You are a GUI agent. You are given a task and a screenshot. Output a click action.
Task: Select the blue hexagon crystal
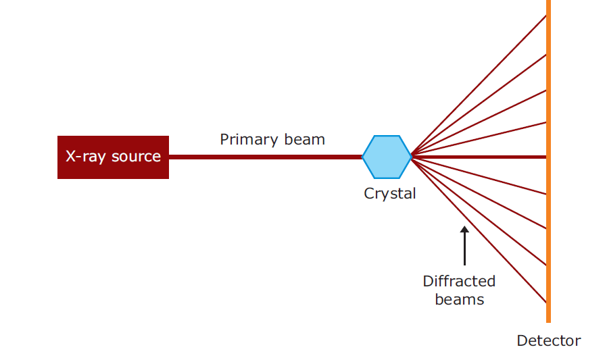point(387,157)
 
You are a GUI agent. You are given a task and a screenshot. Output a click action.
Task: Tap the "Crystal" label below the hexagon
point(390,194)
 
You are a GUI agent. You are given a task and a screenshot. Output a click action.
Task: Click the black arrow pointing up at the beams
point(464,247)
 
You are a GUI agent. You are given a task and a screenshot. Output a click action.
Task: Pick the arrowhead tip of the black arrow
point(464,228)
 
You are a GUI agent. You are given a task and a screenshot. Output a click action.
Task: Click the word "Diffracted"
point(459,281)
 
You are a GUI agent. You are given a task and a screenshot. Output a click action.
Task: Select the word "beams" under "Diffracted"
point(460,299)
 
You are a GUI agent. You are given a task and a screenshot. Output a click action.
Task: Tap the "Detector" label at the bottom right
point(548,340)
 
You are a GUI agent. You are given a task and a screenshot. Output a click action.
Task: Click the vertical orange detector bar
point(548,203)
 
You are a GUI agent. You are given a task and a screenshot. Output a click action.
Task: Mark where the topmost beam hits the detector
point(545,15)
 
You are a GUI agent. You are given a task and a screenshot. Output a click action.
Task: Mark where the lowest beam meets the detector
point(545,301)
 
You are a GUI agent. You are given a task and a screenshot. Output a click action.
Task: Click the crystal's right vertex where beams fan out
point(411,157)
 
